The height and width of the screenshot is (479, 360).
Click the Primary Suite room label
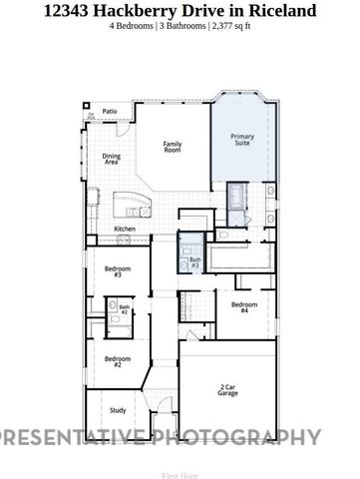pos(242,139)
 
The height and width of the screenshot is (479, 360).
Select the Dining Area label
pos(112,158)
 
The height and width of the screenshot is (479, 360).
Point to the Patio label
pos(110,111)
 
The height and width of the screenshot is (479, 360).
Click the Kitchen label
pos(125,230)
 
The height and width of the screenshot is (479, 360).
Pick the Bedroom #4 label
pos(244,307)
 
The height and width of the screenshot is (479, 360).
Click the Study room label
pos(118,409)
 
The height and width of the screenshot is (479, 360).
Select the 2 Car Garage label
pos(227,390)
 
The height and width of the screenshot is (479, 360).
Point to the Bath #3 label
pos(194,263)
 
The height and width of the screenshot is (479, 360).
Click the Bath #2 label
pos(125,309)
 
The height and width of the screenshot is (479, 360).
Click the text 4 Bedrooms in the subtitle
pos(134,26)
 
